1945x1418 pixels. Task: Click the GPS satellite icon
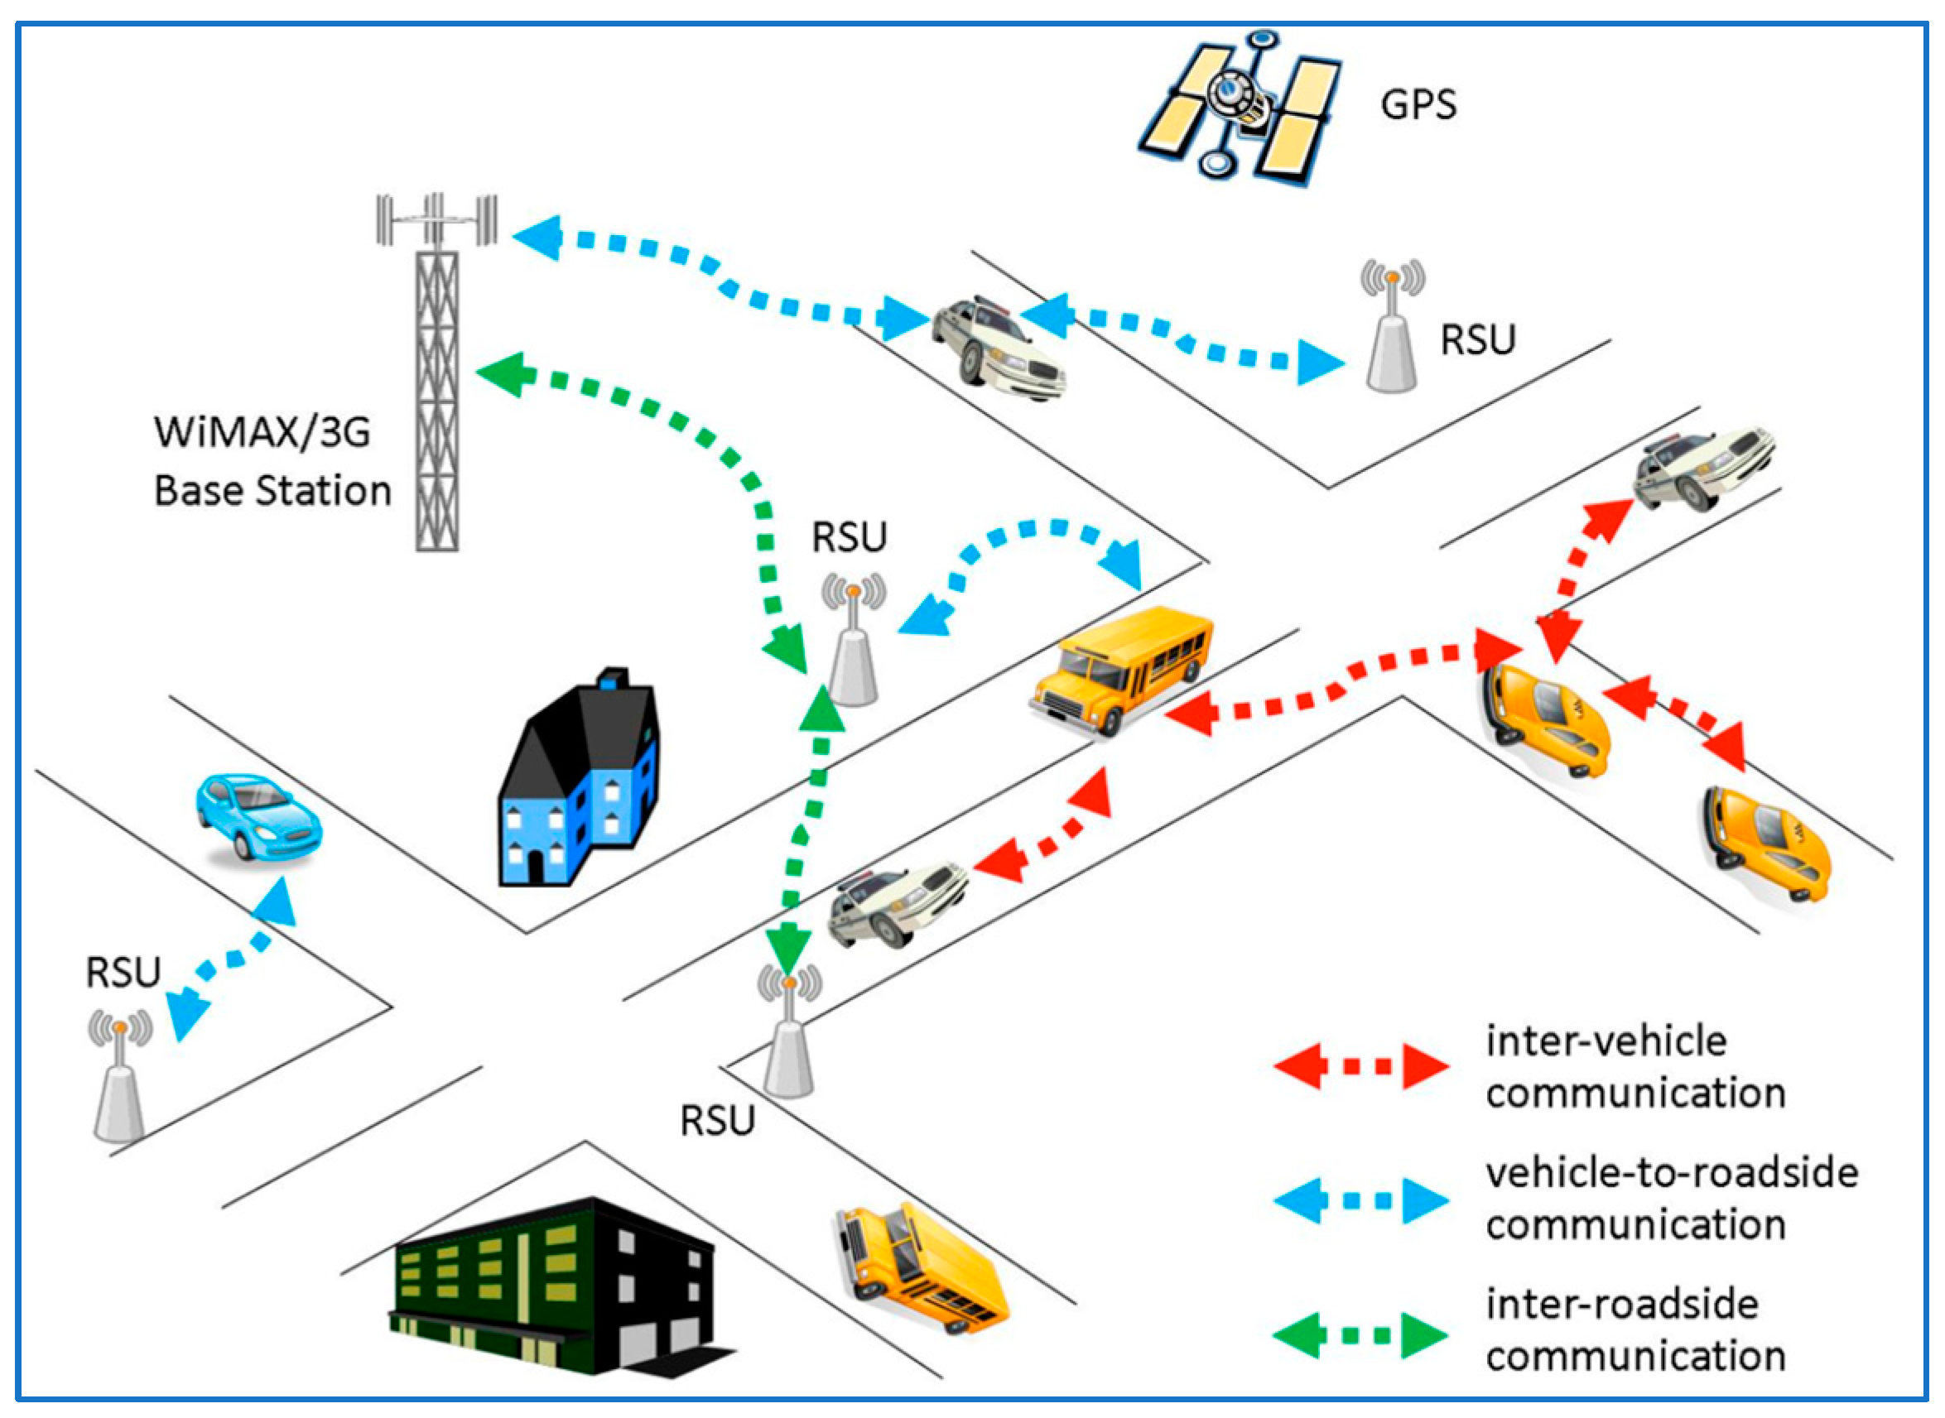(x=1241, y=108)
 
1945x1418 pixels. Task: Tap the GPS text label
(x=1418, y=105)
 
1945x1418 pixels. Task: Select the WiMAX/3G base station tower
(x=437, y=372)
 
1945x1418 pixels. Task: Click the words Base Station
(x=273, y=491)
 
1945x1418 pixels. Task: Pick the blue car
(x=258, y=816)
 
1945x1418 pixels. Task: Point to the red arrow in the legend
(x=1361, y=1067)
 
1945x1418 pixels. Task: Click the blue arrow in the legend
(x=1361, y=1201)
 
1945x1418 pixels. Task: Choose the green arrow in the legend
(x=1361, y=1334)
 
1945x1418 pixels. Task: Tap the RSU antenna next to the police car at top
(x=1392, y=326)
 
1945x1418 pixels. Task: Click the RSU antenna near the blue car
(x=120, y=1075)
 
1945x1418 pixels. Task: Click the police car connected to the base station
(x=999, y=348)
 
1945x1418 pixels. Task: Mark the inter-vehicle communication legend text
(x=1636, y=1067)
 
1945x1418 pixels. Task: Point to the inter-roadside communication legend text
(x=1636, y=1330)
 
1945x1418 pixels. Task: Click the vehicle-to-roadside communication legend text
(x=1672, y=1199)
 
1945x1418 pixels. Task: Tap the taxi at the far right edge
(x=1766, y=843)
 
